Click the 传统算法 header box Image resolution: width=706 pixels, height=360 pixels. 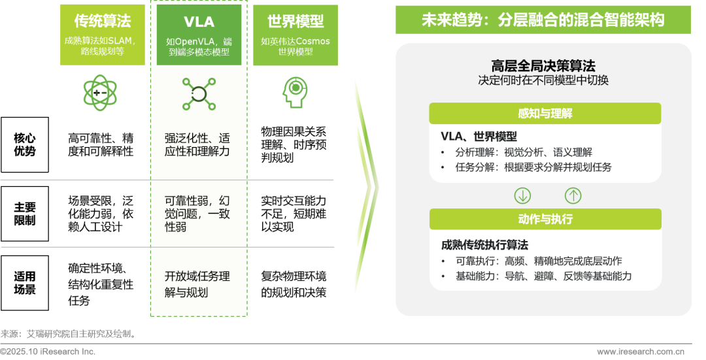[x=103, y=34]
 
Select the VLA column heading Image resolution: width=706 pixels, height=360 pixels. [x=199, y=22]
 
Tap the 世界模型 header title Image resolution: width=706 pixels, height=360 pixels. [x=295, y=22]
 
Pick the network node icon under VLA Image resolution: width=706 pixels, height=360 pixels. [x=199, y=93]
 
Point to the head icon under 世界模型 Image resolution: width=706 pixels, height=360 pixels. [x=295, y=92]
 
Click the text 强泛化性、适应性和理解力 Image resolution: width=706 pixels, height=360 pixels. [x=197, y=145]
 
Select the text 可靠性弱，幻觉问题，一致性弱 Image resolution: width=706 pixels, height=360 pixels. [x=197, y=213]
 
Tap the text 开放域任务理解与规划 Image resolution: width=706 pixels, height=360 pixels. [x=197, y=284]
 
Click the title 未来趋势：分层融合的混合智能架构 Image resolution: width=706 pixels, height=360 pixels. [x=543, y=20]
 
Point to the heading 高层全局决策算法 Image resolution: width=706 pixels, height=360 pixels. [x=543, y=66]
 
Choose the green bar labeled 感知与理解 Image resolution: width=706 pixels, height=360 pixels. [x=545, y=114]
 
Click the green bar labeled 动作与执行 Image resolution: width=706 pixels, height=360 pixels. [x=545, y=220]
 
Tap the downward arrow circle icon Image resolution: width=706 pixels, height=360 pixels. [x=522, y=195]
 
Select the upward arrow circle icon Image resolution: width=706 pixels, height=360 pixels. [x=573, y=195]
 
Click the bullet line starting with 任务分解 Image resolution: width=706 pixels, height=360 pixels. [x=533, y=167]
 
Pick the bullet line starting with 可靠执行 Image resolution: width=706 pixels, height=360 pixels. [x=539, y=261]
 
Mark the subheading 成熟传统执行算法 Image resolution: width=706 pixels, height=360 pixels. [x=485, y=245]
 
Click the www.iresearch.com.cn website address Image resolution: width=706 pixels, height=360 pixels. [x=641, y=352]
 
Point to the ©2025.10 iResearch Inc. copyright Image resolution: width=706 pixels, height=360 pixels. [x=48, y=352]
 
